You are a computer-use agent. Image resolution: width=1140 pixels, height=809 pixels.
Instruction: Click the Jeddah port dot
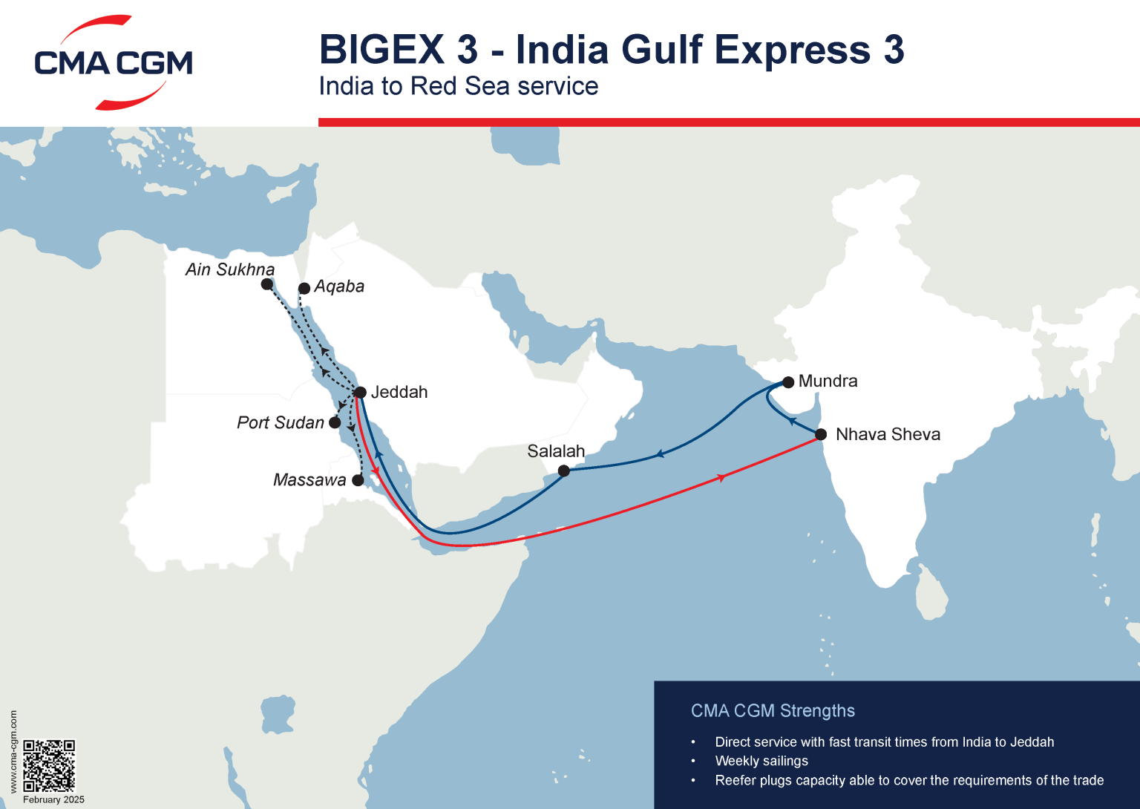click(x=360, y=393)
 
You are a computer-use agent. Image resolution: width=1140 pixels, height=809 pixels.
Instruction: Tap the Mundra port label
click(x=828, y=381)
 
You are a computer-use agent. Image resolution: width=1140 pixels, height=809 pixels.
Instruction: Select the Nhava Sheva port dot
click(x=821, y=434)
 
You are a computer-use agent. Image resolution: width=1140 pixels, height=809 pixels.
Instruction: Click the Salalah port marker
click(x=564, y=471)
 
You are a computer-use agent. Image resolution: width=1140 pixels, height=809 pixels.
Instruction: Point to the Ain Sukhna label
click(x=230, y=269)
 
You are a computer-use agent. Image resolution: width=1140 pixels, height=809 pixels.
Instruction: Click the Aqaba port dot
click(x=304, y=288)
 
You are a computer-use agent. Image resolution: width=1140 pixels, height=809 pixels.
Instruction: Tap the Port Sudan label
click(x=281, y=422)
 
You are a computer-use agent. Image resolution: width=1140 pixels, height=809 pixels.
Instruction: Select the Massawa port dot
click(x=358, y=480)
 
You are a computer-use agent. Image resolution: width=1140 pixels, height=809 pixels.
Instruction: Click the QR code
click(x=49, y=765)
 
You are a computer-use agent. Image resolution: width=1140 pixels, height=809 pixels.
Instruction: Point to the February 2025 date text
click(x=53, y=800)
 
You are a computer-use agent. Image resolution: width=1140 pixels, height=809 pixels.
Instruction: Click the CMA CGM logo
click(x=113, y=63)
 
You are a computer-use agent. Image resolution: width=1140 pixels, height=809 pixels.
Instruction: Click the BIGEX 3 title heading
click(x=611, y=50)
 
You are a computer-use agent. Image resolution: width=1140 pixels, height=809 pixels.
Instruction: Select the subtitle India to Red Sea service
click(x=458, y=86)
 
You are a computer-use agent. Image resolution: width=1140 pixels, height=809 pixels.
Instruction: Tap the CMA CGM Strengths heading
click(x=773, y=711)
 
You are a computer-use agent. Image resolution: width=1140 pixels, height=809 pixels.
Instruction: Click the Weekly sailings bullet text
click(x=761, y=761)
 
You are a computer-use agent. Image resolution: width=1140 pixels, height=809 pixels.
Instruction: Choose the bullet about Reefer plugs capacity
click(x=909, y=780)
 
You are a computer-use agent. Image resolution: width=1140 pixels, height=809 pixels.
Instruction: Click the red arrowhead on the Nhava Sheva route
click(x=721, y=478)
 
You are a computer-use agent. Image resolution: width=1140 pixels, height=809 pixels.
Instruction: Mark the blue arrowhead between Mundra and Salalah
click(x=658, y=454)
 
